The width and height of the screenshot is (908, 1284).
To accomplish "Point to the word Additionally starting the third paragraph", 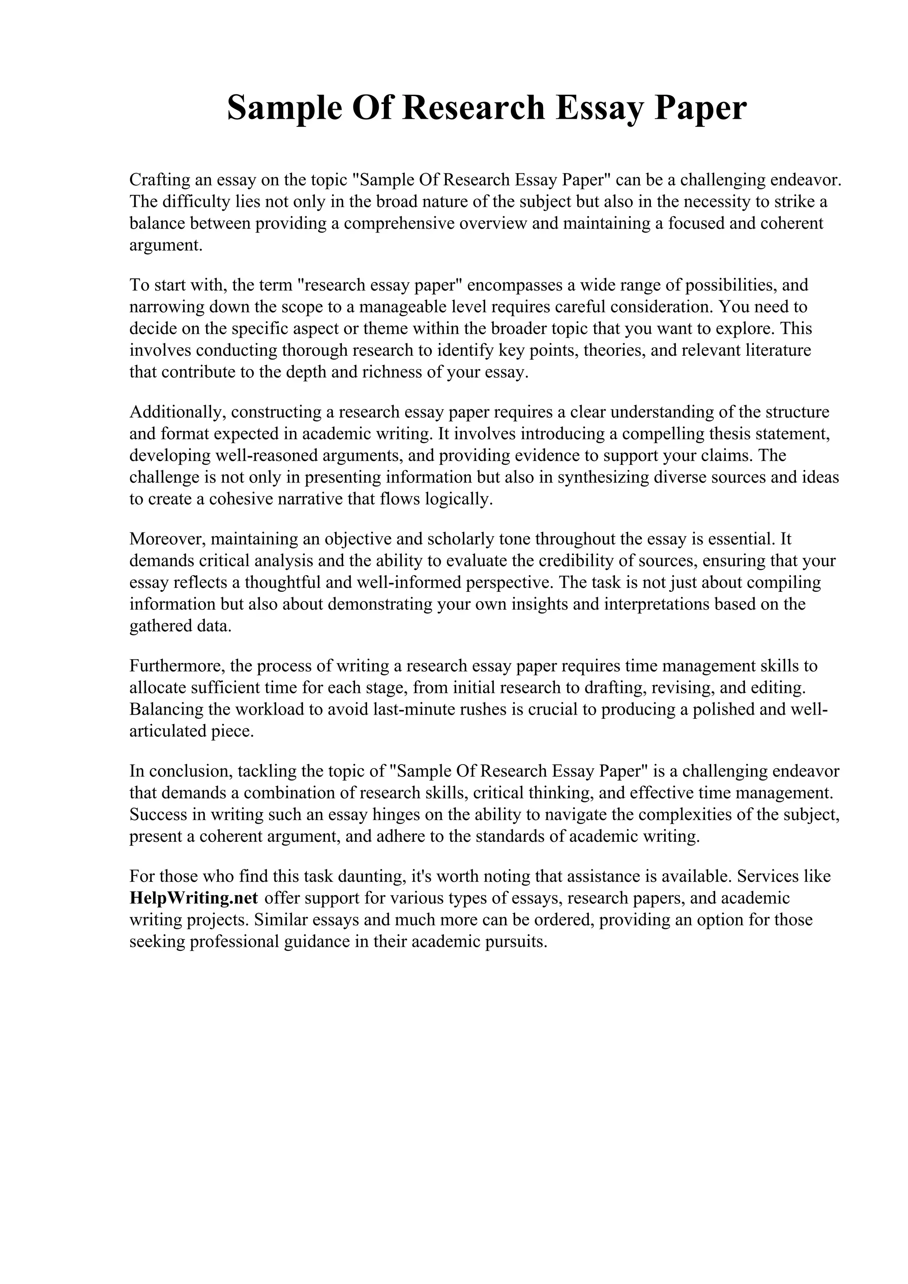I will pos(177,412).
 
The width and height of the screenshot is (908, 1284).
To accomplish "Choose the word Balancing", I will pos(166,710).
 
